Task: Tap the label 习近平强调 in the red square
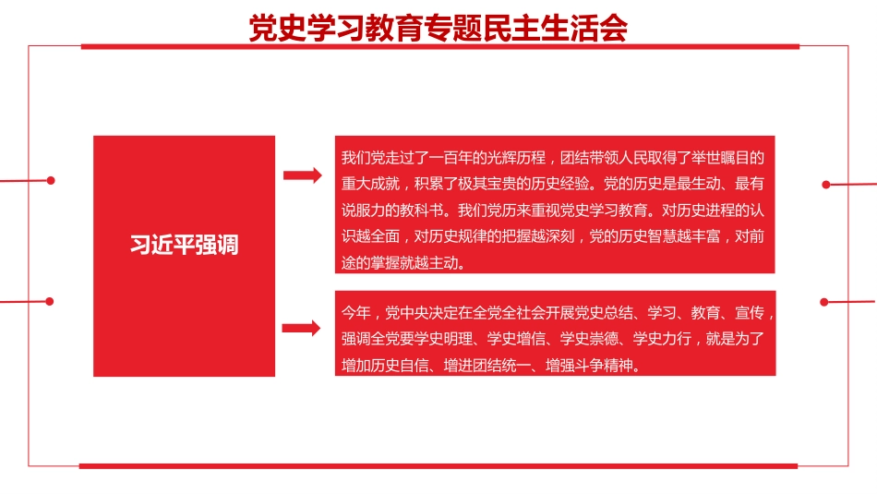[x=184, y=246]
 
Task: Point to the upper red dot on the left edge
[x=51, y=180]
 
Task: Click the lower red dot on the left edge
[x=50, y=301]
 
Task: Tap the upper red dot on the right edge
[x=826, y=185]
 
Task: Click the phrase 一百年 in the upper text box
[x=459, y=157]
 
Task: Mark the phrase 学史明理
[x=443, y=339]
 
